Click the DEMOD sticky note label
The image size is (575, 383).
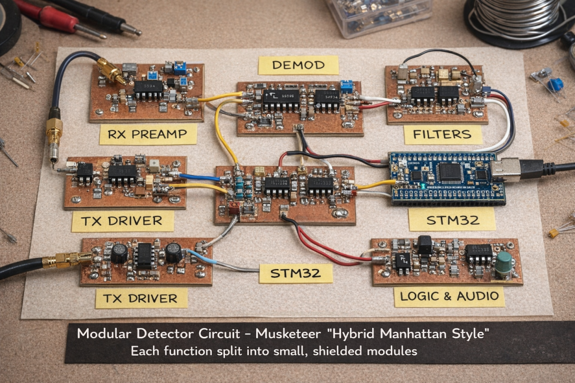pos(298,65)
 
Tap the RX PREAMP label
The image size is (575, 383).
pos(148,134)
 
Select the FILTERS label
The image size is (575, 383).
pos(443,135)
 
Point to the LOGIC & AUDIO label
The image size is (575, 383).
pos(449,296)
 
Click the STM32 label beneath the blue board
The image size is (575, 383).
pos(452,220)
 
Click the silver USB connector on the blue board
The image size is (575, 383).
pos(506,169)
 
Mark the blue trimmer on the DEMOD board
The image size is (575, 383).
pos(346,87)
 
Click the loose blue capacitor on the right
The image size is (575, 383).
pos(555,85)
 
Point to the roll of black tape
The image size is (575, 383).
pos(9,27)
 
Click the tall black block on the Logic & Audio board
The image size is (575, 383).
pos(425,244)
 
